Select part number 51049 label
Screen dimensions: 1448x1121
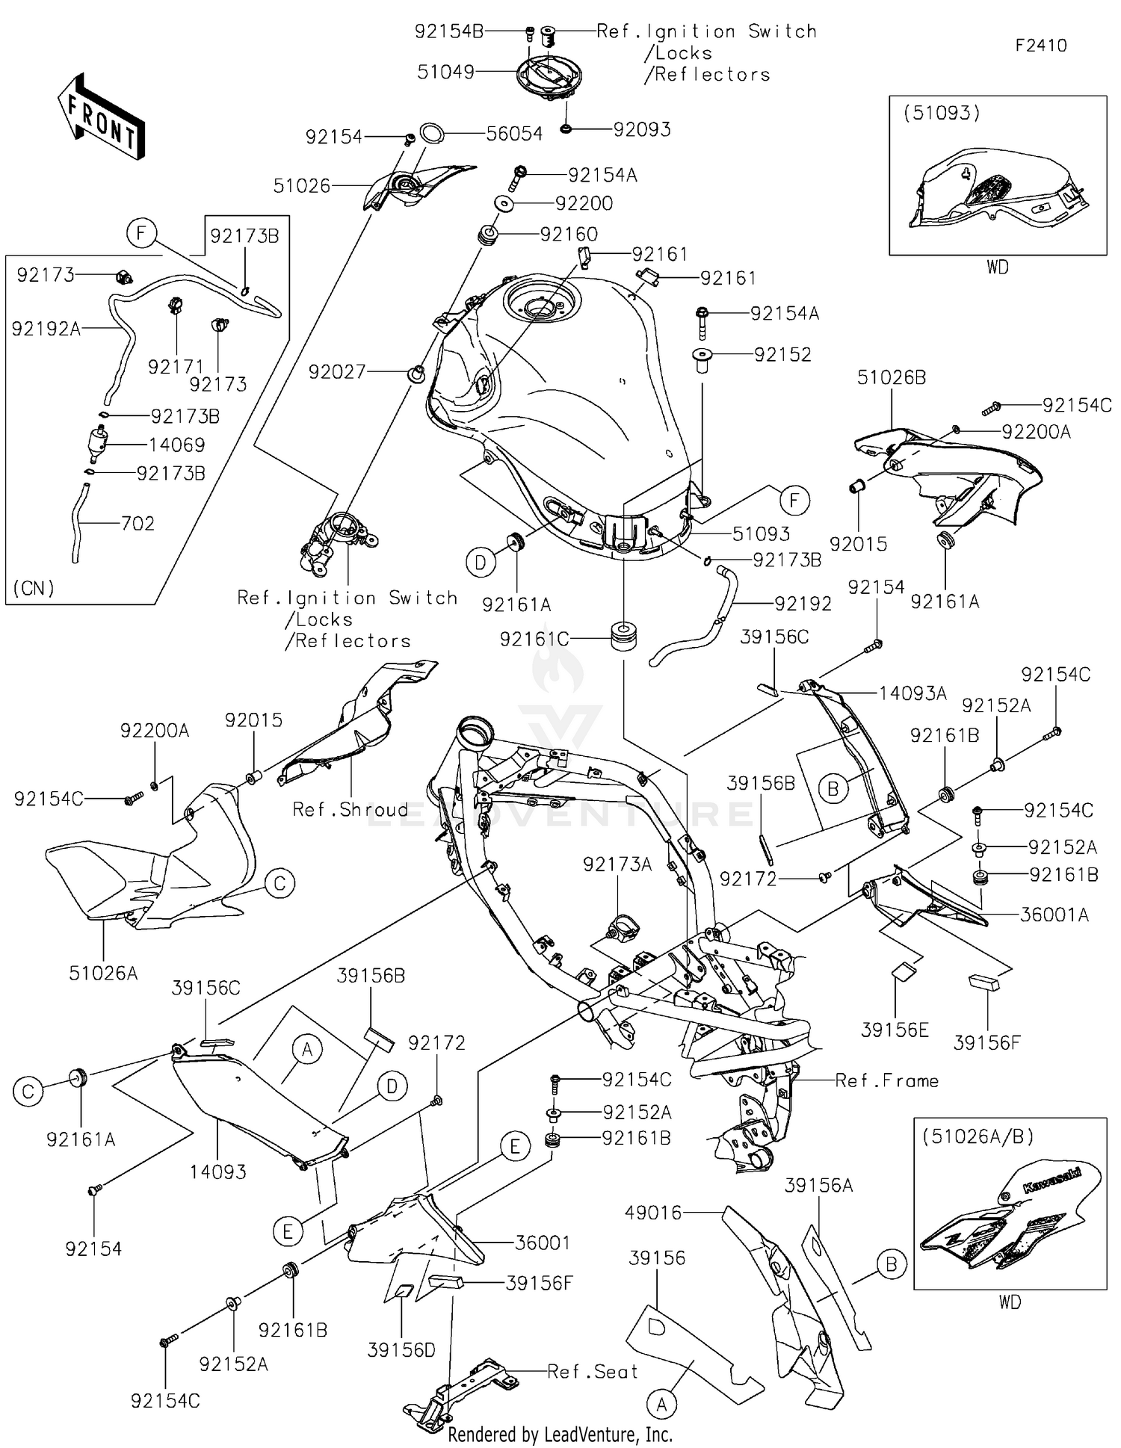click(x=445, y=72)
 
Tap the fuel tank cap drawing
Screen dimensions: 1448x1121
click(x=549, y=75)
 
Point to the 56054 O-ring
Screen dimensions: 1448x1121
click(x=432, y=134)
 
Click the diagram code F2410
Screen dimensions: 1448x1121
click(x=1040, y=46)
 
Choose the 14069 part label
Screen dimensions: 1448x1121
click(x=176, y=445)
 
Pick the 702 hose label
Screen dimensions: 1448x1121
click(x=138, y=524)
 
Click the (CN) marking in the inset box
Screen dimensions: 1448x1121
click(x=34, y=588)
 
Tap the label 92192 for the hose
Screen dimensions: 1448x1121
click(x=803, y=604)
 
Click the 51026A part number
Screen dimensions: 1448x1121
click(x=103, y=973)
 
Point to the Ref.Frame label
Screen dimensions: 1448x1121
click(x=886, y=1080)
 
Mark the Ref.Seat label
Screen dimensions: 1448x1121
click(x=593, y=1372)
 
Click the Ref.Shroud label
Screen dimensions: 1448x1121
click(x=350, y=809)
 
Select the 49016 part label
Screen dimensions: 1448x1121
click(x=654, y=1213)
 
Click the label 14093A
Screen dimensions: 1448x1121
click(x=912, y=693)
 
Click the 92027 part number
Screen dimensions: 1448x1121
click(x=337, y=371)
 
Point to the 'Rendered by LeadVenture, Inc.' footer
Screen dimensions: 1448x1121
click(x=560, y=1435)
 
